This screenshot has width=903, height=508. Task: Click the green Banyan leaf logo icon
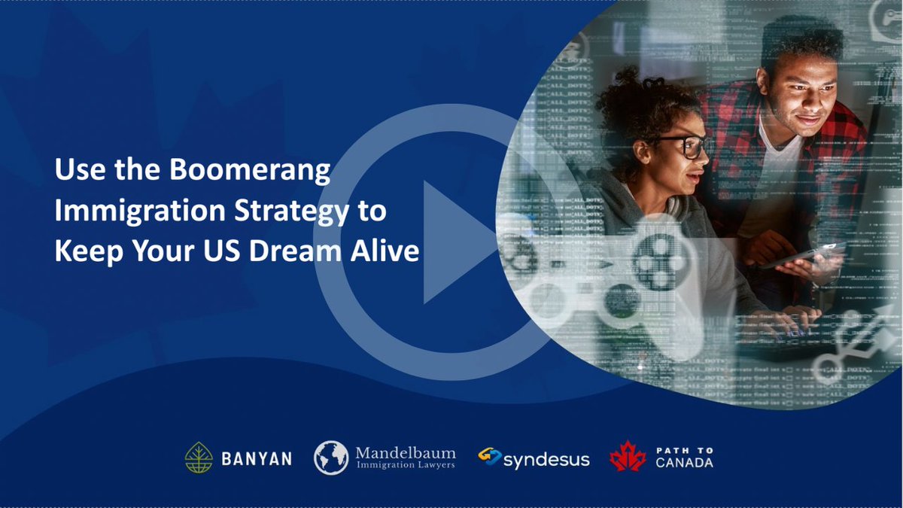199,458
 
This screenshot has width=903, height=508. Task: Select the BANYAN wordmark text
257,458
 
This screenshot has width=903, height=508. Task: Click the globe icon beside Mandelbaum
331,458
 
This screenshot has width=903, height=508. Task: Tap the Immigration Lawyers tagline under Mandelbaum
405,467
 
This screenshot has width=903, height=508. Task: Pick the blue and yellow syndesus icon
490,457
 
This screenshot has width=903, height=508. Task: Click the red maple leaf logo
628,457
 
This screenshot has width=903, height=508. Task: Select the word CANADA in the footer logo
684,463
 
